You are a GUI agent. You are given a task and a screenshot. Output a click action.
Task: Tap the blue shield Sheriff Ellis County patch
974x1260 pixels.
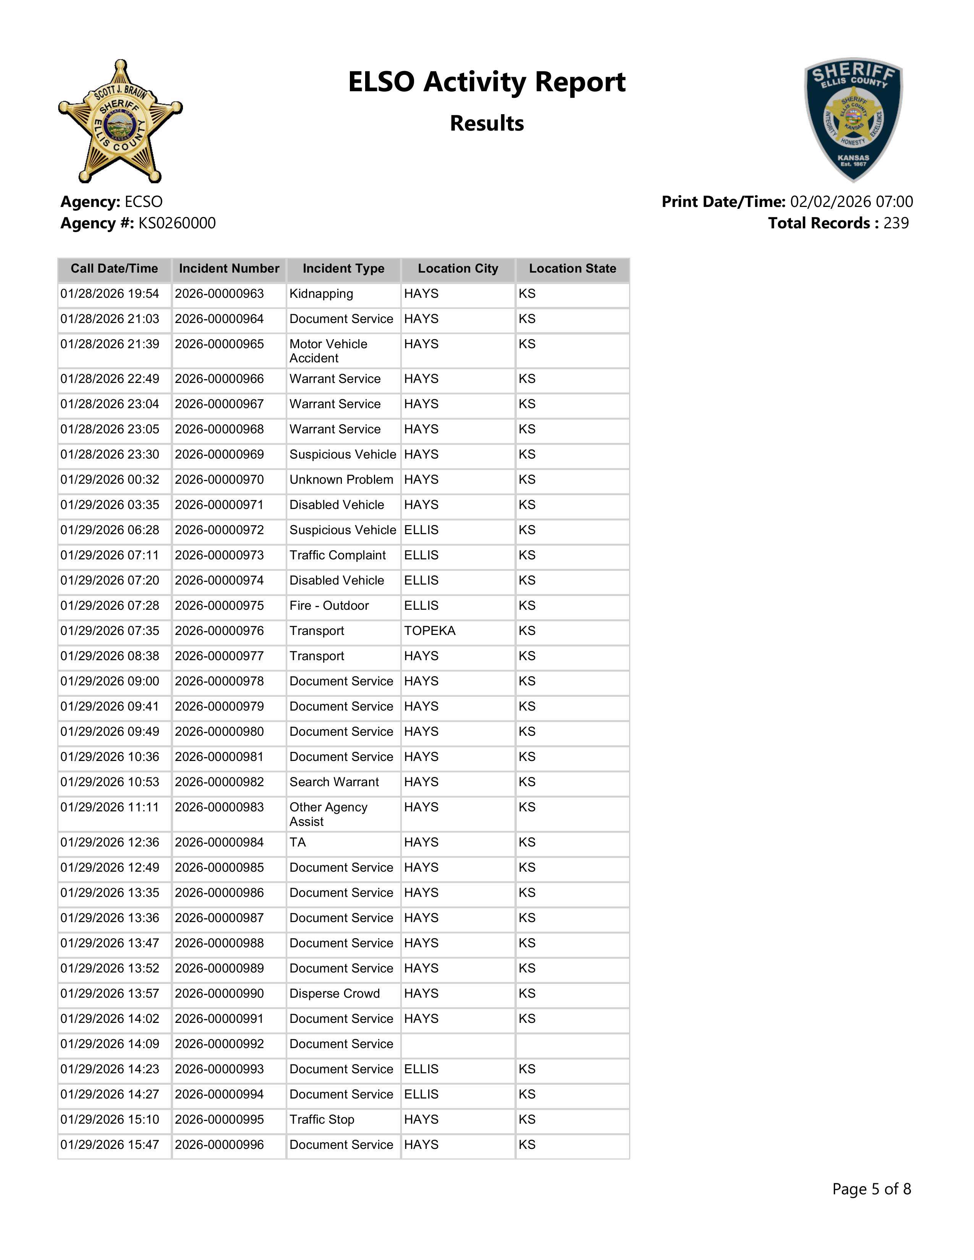(x=853, y=120)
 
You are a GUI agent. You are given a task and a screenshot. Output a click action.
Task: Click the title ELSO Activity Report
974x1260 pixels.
(x=486, y=82)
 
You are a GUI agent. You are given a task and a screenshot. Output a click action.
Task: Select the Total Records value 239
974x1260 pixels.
(x=896, y=223)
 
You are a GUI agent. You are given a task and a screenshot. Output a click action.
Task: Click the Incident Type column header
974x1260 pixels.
(x=343, y=269)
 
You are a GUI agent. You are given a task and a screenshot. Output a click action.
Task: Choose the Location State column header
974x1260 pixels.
(x=573, y=269)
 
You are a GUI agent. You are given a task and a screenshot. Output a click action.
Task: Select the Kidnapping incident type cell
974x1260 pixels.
(x=321, y=294)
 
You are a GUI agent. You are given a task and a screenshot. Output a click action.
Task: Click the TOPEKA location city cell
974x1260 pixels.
(x=430, y=631)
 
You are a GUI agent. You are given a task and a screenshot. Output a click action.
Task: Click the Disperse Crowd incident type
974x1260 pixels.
(x=335, y=993)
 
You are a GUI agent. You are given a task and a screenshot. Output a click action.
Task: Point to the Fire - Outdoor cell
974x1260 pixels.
(x=329, y=606)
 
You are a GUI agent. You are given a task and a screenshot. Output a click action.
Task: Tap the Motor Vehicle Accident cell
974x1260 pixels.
(x=328, y=351)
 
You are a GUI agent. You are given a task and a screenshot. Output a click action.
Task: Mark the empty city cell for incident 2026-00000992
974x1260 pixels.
(x=458, y=1044)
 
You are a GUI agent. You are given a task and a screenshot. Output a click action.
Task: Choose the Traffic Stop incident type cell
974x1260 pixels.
(x=322, y=1120)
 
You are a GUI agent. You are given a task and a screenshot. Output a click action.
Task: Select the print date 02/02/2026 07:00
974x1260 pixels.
(x=851, y=202)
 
